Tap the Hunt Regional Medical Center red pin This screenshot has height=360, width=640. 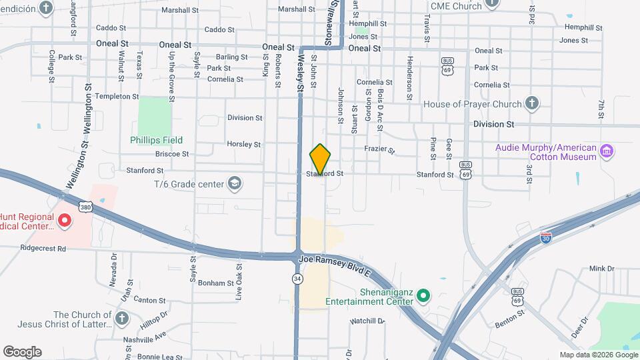pos(65,220)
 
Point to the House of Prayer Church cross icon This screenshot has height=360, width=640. pos(531,103)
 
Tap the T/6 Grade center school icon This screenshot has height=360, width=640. pos(234,183)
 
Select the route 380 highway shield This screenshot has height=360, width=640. pos(85,207)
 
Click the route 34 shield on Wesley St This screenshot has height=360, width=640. pos(297,278)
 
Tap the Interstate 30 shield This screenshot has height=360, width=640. pos(545,238)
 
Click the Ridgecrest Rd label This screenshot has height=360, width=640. pos(43,249)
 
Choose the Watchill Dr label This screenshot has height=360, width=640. pos(369,321)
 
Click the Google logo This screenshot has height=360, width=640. pos(22,352)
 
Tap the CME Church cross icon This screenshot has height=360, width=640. pos(492,3)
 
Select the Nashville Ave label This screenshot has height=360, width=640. pos(144,337)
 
